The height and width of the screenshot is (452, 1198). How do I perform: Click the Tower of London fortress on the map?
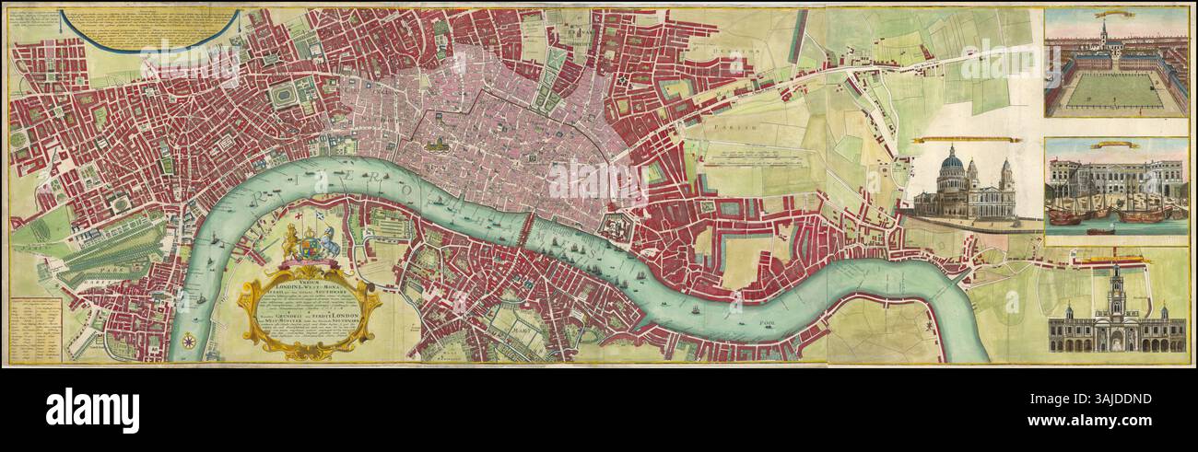point(610,223)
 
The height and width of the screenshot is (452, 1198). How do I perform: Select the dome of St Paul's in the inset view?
point(952,166)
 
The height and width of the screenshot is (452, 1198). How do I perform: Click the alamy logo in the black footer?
point(92,410)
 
